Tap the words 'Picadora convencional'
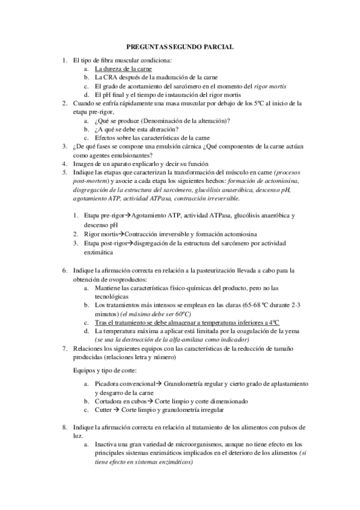click(123, 383)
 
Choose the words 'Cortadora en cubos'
click(120, 401)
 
